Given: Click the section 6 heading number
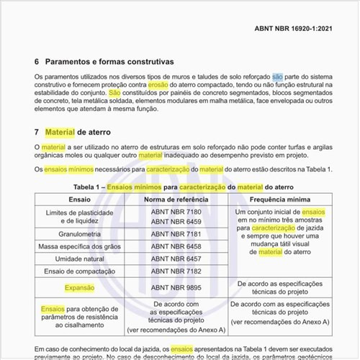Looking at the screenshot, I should pos(37,63).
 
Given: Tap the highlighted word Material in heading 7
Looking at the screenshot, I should pos(60,132).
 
